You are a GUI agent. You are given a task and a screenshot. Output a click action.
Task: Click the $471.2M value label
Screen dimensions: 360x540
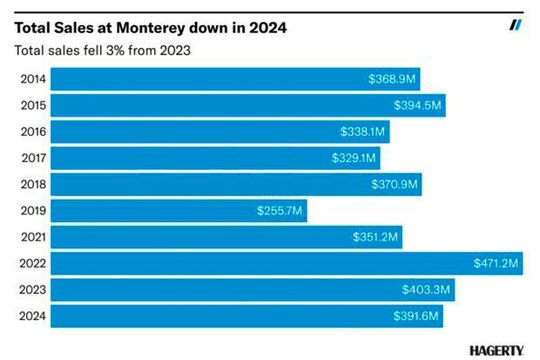tap(497, 263)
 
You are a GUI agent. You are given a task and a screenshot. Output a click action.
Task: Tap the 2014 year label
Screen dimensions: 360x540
tap(31, 79)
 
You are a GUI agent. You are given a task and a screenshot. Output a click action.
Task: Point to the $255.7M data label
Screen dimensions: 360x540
tap(280, 211)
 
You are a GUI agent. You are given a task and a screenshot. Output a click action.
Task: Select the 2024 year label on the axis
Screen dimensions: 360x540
tap(31, 316)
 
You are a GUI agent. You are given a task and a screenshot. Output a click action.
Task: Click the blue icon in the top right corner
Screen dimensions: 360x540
tap(516, 25)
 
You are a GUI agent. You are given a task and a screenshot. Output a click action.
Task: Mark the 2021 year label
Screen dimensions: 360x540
tap(31, 237)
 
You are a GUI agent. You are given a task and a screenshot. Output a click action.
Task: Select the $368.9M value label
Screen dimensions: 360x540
tap(393, 79)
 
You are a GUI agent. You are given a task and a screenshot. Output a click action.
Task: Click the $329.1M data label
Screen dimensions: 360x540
tap(355, 158)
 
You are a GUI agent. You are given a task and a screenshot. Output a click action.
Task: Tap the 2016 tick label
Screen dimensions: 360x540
tap(31, 132)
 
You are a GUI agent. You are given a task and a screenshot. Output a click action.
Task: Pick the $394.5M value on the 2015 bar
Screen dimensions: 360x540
tap(419, 105)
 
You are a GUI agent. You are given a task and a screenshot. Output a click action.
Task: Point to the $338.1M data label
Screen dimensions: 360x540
tap(363, 132)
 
